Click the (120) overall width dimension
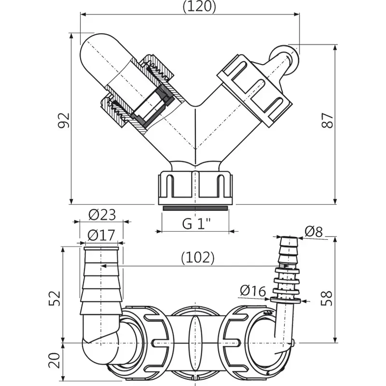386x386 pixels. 199,6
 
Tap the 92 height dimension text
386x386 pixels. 64,120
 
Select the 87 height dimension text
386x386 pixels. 328,120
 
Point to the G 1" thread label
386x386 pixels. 196,224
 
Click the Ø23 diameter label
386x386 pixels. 102,215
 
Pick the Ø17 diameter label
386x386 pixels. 101,235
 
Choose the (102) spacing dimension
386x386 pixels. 198,258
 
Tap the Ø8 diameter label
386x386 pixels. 314,232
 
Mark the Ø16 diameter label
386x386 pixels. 253,291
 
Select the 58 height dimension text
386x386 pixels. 327,298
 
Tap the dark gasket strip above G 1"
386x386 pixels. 195,208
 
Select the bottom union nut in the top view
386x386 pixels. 195,188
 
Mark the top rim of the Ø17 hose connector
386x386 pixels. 101,248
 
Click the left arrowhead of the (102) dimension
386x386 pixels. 104,266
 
